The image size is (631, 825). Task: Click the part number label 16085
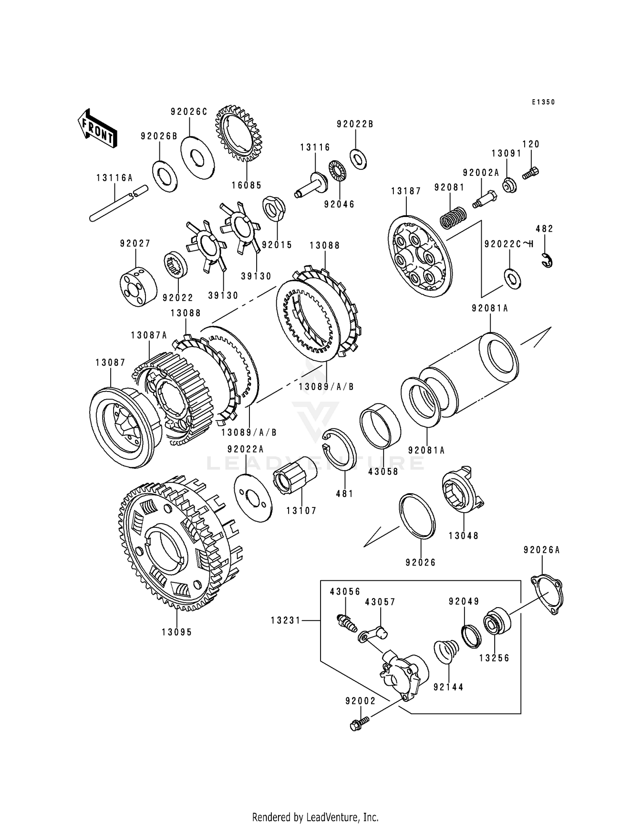point(247,185)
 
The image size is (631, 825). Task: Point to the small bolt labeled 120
point(531,172)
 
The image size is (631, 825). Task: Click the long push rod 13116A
point(118,203)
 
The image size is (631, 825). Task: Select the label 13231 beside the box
point(286,620)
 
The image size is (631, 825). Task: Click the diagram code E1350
point(543,102)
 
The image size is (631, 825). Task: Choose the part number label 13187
point(406,191)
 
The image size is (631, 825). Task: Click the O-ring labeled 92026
point(417,516)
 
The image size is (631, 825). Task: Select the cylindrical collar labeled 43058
point(380,425)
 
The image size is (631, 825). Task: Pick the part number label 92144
point(448,687)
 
